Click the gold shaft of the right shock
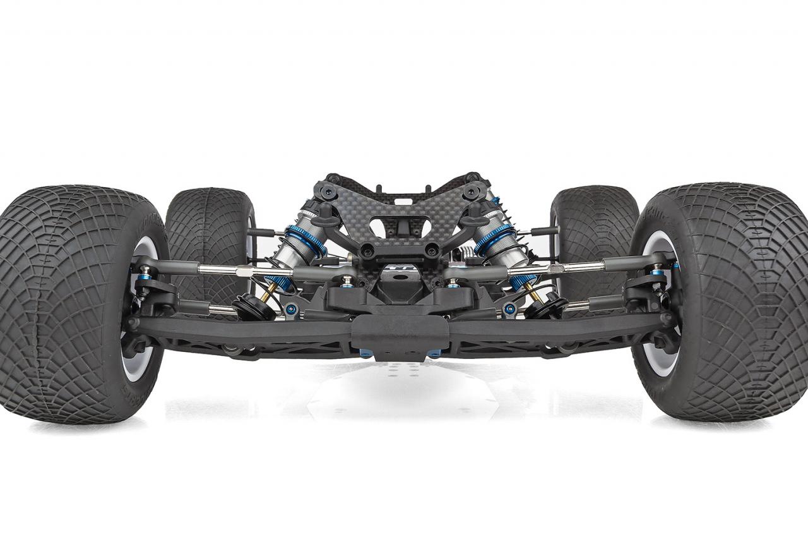click(x=533, y=293)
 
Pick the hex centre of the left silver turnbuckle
click(x=242, y=272)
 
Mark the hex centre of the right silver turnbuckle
click(x=555, y=269)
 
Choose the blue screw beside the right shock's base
click(x=509, y=309)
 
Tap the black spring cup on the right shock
click(x=547, y=306)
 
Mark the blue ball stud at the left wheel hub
click(x=146, y=270)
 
